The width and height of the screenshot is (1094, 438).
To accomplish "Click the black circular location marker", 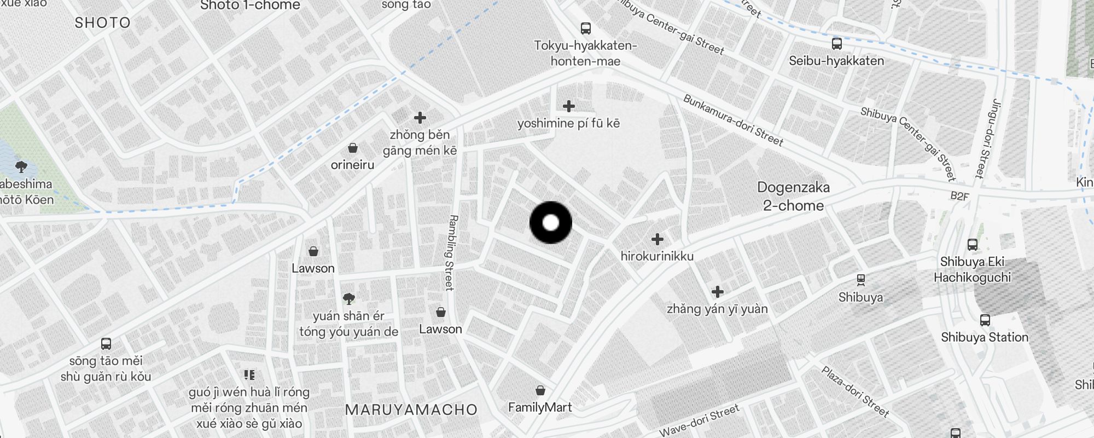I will click(x=551, y=222).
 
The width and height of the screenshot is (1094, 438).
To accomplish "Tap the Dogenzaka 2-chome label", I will click(x=793, y=197).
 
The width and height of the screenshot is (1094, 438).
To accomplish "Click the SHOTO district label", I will click(x=102, y=23).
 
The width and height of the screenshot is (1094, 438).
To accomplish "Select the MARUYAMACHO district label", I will click(x=411, y=410).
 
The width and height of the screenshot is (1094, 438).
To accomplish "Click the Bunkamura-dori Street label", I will click(x=733, y=120).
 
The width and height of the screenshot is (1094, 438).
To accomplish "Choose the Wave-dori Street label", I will click(x=699, y=420).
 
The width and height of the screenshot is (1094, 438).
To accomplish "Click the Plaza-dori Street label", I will click(x=855, y=391).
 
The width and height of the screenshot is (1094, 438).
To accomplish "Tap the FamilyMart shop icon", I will click(x=540, y=390).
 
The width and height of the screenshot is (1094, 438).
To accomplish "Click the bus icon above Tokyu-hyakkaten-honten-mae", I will click(x=585, y=28).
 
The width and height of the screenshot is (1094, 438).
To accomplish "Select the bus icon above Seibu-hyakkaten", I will click(x=836, y=43).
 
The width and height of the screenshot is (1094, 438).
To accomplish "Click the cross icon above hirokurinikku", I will click(x=657, y=239).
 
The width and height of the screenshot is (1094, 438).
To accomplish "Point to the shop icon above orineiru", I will click(x=353, y=148).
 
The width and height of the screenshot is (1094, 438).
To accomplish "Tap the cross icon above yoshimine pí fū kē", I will click(x=569, y=106).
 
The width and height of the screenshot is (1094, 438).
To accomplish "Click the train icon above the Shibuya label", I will click(x=861, y=280).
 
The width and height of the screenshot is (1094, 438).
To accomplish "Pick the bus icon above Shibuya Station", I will click(x=985, y=320).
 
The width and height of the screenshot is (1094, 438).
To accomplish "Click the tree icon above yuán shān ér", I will click(x=348, y=298).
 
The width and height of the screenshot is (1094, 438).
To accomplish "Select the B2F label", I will click(x=959, y=196).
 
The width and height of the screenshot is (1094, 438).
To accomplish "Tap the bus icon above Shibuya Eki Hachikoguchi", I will click(x=972, y=245).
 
